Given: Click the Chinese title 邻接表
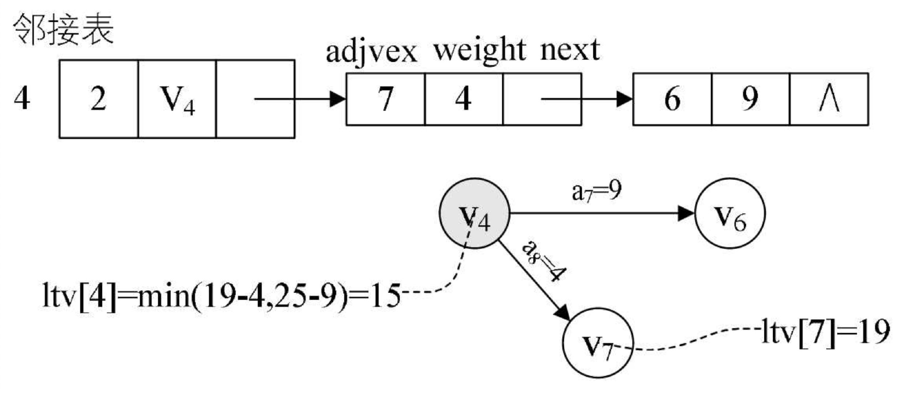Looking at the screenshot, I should tap(63, 29).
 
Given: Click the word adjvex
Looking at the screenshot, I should tap(371, 51).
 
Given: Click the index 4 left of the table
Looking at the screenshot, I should tap(22, 99).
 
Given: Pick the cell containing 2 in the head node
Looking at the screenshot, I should tap(98, 99).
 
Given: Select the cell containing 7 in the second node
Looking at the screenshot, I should tap(385, 99).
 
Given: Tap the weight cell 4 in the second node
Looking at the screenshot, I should tap(463, 99).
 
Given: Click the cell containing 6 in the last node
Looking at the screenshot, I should tap(672, 99).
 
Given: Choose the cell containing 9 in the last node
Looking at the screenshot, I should tap(750, 99).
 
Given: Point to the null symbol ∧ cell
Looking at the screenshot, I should tap(829, 99).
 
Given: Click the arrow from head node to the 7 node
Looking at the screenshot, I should tap(300, 99).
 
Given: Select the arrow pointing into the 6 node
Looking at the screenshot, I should tap(587, 99).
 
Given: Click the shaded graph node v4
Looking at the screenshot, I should tap(474, 213).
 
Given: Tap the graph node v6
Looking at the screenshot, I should tap(730, 213).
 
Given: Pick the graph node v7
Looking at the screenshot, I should tap(597, 343).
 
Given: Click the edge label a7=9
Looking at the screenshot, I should tap(596, 191).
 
